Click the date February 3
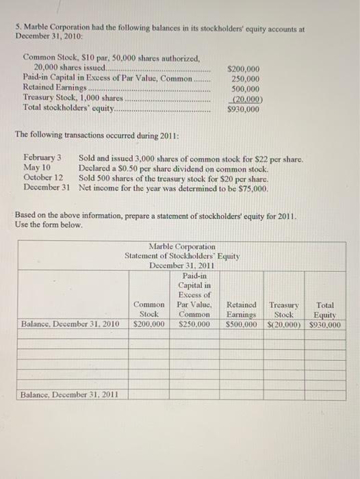point(43,158)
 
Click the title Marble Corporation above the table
point(181,246)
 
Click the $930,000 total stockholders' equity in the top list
point(243,108)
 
